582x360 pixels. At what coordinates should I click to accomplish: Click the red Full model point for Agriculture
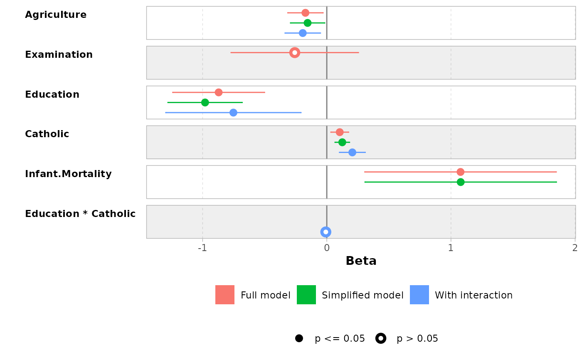[305, 13]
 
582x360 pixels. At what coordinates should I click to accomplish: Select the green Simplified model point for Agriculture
[308, 23]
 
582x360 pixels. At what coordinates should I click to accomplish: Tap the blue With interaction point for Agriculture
[303, 33]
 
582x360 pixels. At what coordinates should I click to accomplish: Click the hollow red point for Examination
[295, 52]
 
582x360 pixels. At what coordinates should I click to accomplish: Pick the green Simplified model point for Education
[205, 102]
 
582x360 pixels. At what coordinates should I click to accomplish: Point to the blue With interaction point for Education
[233, 113]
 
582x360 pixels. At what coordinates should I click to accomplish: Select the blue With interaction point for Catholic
[352, 152]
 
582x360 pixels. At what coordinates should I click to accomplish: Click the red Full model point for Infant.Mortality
[460, 172]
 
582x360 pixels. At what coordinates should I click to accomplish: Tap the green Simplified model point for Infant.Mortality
[461, 182]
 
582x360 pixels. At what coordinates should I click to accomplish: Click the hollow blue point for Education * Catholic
[326, 232]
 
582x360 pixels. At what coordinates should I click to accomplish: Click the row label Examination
[59, 55]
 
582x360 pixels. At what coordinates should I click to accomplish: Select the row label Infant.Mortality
[68, 174]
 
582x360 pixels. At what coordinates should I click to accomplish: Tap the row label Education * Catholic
[80, 214]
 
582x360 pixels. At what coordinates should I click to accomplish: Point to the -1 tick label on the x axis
[202, 248]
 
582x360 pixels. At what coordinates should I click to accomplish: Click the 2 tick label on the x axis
[575, 248]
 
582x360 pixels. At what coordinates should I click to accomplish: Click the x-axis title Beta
[361, 261]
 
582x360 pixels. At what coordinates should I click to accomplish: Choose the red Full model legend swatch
[225, 295]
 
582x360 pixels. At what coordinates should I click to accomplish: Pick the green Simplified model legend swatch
[306, 295]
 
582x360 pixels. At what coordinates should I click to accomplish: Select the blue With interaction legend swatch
[419, 295]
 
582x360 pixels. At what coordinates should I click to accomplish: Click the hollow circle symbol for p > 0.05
[381, 338]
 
